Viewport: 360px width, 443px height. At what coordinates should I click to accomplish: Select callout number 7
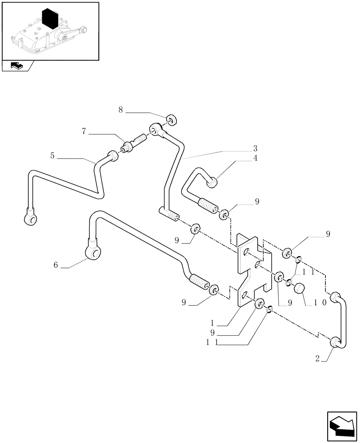tap(84, 132)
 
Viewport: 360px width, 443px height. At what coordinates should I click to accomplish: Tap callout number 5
tap(52, 155)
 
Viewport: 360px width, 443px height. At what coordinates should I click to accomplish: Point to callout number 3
tap(267, 148)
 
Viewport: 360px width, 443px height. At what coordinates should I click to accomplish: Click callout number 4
tap(267, 158)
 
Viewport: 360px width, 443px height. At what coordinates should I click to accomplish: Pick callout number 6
tap(55, 264)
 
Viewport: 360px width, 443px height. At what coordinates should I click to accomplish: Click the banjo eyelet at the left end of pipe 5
tap(30, 218)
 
